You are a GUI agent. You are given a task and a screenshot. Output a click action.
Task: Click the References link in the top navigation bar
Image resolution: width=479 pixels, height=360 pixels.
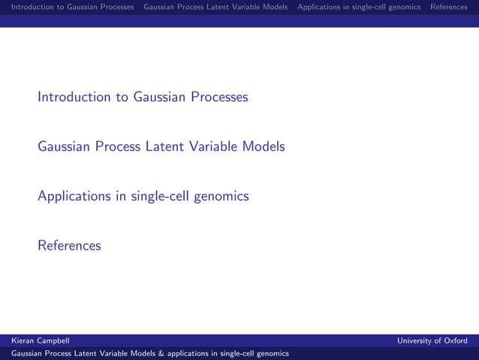click(448, 8)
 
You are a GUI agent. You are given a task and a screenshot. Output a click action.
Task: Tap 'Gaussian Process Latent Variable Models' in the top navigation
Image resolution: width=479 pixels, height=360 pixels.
click(215, 8)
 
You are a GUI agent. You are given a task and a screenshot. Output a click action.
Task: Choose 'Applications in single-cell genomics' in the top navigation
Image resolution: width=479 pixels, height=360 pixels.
click(359, 8)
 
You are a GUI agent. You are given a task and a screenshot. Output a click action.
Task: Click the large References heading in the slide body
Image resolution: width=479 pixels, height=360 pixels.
click(69, 246)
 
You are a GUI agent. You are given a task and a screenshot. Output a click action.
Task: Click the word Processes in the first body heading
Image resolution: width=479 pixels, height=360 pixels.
click(218, 97)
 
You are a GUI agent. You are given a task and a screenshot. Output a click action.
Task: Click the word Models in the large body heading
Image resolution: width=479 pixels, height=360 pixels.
click(264, 147)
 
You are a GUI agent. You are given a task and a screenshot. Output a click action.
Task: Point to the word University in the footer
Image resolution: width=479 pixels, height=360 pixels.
click(414, 340)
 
